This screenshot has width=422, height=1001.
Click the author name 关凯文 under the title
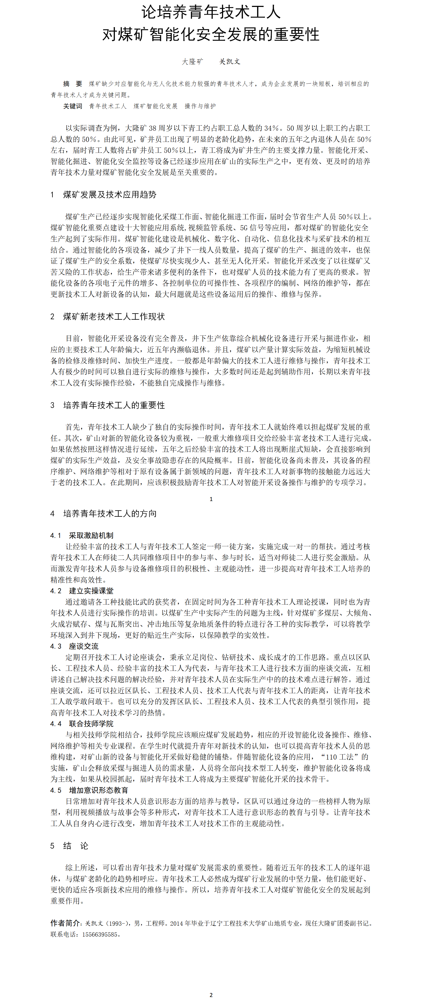pos(229,61)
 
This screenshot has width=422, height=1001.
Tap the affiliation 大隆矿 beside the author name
pos(193,61)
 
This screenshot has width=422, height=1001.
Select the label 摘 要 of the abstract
pos(73,84)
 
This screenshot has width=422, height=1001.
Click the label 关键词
pos(73,106)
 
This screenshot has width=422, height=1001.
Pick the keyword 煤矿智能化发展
pos(155,106)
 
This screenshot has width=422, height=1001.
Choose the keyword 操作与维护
pos(200,106)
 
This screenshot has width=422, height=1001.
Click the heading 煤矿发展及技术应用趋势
pos(110,195)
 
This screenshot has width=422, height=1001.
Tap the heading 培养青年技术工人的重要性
pos(114,405)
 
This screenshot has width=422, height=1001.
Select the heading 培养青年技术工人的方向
pos(110,514)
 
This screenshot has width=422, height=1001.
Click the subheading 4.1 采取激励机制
pos(82,535)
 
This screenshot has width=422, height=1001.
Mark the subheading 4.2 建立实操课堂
pos(82,591)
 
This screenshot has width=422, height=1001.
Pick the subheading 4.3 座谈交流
pos(74,646)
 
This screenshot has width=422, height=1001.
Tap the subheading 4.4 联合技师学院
pos(82,724)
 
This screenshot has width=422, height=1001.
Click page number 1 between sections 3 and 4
pos(211,499)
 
